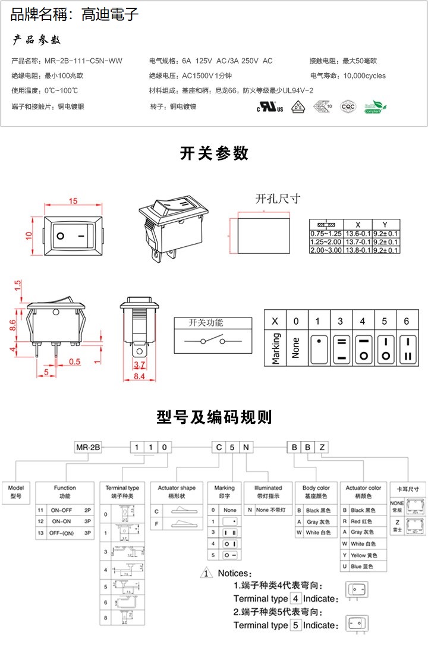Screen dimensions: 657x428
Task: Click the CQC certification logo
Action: coord(347,106)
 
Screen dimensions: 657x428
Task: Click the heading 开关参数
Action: coord(214,153)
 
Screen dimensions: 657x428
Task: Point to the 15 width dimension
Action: coord(73,201)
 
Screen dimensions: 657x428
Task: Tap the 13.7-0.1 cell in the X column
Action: coord(358,242)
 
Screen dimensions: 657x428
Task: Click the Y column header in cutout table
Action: coord(385,225)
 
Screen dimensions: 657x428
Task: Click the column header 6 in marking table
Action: coord(407,321)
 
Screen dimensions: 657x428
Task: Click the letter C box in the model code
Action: coord(219,447)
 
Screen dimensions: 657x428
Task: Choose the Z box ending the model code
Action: coord(322,447)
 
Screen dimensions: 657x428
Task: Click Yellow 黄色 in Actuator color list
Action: coord(362,555)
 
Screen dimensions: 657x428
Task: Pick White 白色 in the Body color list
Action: coord(317,533)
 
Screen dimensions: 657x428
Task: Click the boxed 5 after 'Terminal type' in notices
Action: coord(295,625)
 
